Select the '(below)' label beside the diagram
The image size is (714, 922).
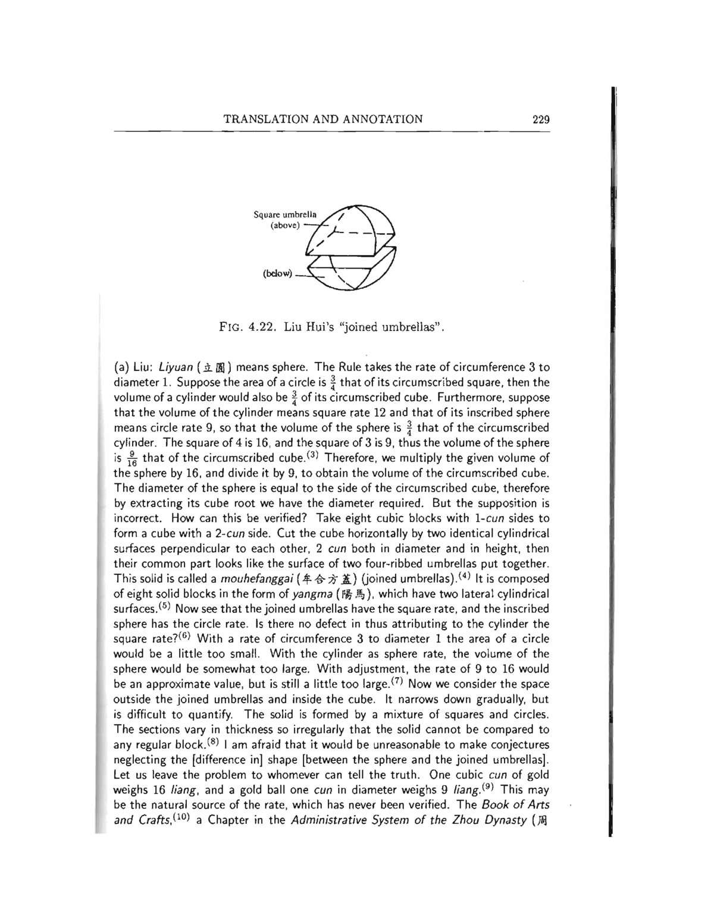tap(277, 273)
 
